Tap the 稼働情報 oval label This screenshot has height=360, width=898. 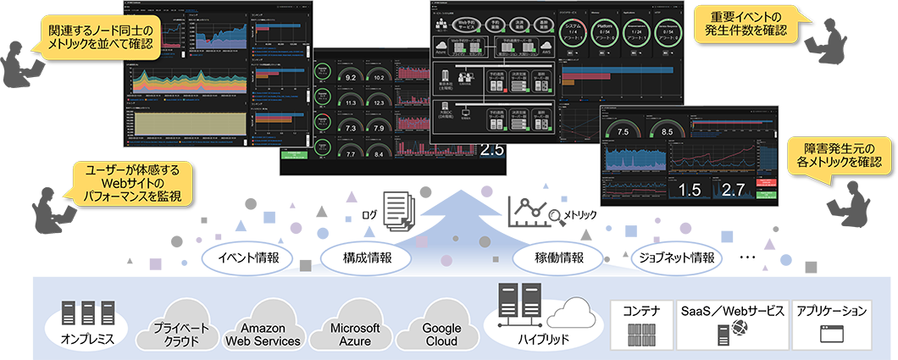click(x=560, y=258)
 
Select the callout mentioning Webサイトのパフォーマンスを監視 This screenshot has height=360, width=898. click(x=136, y=182)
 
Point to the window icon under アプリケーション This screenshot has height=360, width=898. click(x=832, y=335)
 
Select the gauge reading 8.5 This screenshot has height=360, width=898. click(x=667, y=132)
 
